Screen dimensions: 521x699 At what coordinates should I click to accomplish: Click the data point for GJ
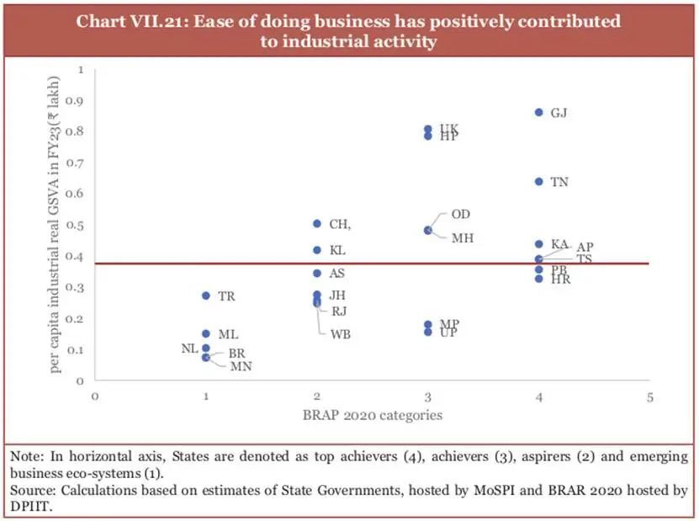(539, 112)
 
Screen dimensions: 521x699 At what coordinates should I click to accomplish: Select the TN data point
(539, 182)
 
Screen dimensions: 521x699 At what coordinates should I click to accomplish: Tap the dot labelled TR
(206, 296)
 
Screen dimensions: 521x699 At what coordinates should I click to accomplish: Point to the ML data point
(206, 334)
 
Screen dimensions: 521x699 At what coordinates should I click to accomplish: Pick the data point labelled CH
(317, 224)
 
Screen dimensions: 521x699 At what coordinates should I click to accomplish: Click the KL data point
(317, 250)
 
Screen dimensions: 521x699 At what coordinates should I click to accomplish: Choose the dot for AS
(317, 274)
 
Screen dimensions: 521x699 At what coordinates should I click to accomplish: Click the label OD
(461, 215)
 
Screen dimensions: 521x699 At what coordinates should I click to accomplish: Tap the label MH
(462, 238)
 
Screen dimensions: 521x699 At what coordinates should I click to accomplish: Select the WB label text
(341, 334)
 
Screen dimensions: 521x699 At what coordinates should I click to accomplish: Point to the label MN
(241, 366)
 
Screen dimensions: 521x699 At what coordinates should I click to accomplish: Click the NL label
(188, 348)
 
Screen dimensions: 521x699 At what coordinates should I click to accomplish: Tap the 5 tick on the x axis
(649, 396)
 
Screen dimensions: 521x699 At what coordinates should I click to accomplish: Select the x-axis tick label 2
(317, 396)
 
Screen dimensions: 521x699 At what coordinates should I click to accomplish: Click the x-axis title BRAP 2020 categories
(372, 415)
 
